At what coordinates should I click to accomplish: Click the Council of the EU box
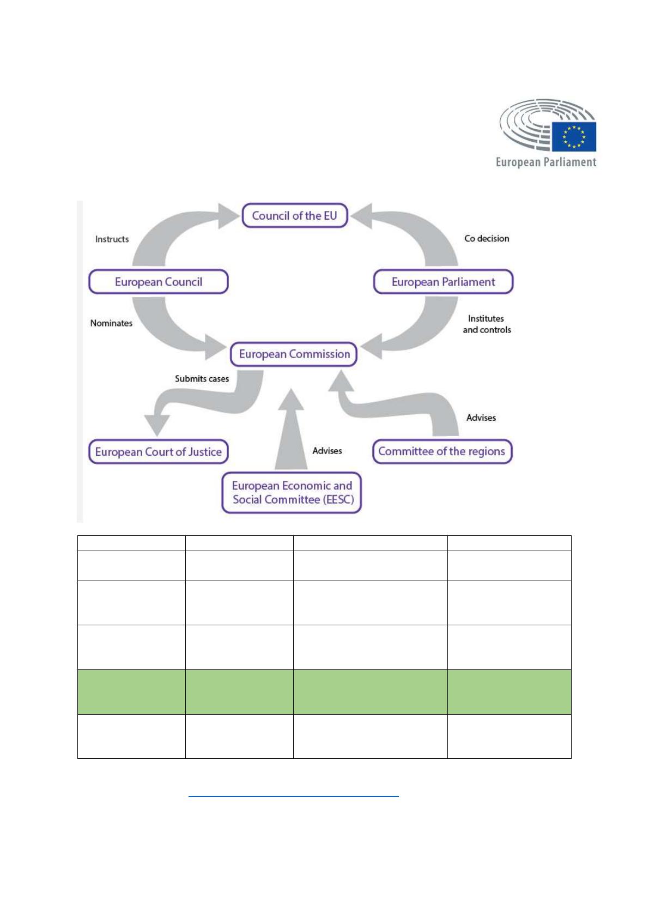coord(294,216)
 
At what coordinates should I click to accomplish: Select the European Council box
coord(158,282)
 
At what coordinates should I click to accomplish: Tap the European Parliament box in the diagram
coord(443,282)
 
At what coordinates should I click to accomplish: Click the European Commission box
coord(294,354)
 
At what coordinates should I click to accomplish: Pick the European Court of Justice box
coord(158,452)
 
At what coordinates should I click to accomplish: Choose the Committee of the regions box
coord(442,451)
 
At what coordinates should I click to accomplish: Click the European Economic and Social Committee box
coord(292,493)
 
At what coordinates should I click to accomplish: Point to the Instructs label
coord(112,239)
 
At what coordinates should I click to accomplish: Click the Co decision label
coord(487,238)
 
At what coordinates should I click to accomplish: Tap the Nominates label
coord(111,323)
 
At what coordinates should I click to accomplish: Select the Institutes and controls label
coord(487,324)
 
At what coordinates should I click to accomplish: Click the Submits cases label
coord(202,378)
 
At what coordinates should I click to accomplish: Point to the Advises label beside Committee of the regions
coord(481,418)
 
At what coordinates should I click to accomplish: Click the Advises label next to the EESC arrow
coord(327,451)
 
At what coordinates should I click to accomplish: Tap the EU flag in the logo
coord(574,136)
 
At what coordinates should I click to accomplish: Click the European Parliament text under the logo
coord(546,162)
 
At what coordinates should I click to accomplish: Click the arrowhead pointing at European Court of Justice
coord(156,424)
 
